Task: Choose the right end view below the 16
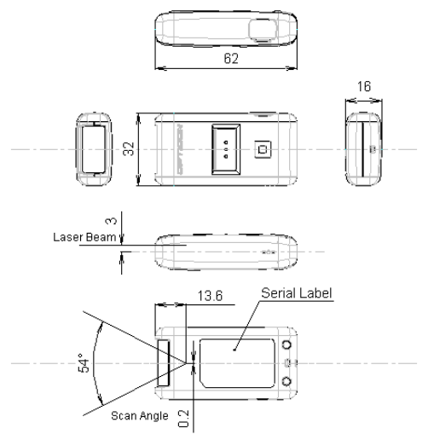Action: point(365,148)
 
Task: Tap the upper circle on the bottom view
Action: point(287,344)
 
